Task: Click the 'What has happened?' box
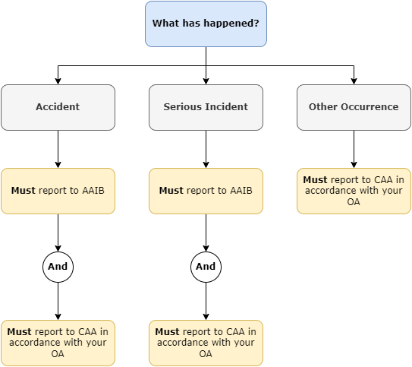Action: pos(206,24)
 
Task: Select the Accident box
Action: pos(58,107)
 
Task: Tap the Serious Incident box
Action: pos(206,107)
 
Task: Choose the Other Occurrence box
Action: pos(354,107)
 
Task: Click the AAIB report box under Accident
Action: pos(58,191)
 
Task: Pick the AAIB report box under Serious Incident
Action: pos(206,191)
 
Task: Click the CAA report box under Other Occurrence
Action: pos(354,191)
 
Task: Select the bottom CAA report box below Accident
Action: pos(58,343)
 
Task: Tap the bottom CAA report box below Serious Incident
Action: pos(206,343)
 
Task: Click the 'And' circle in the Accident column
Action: pos(58,267)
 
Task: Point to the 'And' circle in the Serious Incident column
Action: pos(206,267)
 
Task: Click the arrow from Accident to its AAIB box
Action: pos(58,148)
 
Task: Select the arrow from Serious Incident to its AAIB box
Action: pos(206,148)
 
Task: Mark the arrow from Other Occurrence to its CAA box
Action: pos(354,148)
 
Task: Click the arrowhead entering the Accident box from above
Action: pos(58,81)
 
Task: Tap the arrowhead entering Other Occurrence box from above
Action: pos(354,81)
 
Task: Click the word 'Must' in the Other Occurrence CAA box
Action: pos(315,180)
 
